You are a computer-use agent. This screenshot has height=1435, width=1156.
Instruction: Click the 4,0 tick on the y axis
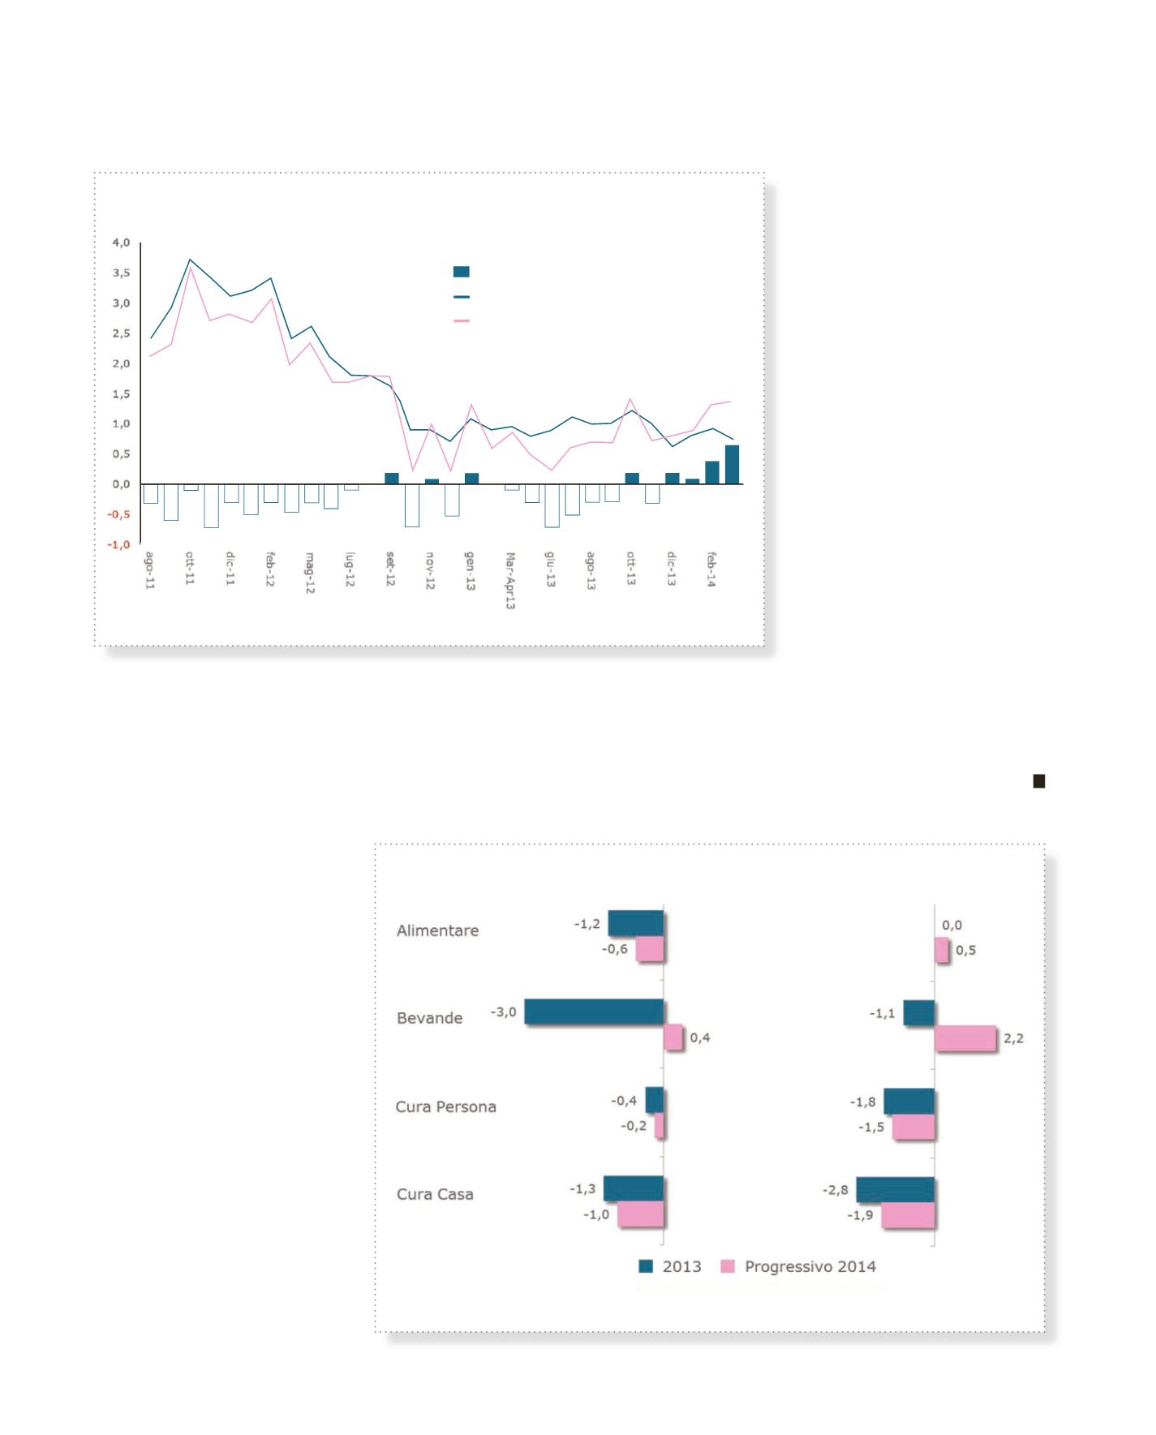pyautogui.click(x=121, y=243)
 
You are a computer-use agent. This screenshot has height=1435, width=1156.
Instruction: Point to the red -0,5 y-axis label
pyautogui.click(x=118, y=514)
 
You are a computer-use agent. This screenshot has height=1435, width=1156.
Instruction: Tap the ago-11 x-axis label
pyautogui.click(x=150, y=570)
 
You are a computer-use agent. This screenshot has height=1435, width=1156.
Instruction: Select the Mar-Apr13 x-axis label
pyautogui.click(x=510, y=581)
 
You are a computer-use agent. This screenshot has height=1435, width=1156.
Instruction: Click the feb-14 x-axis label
pyautogui.click(x=711, y=569)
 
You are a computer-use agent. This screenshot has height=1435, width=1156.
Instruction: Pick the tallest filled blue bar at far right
pyautogui.click(x=732, y=465)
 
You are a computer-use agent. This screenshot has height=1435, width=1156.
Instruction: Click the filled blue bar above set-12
pyautogui.click(x=392, y=479)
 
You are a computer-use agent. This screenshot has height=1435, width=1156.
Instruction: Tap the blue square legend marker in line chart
pyautogui.click(x=461, y=272)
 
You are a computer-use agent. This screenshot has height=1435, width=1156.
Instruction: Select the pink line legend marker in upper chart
pyautogui.click(x=461, y=321)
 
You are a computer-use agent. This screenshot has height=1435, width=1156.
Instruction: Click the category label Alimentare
pyautogui.click(x=437, y=930)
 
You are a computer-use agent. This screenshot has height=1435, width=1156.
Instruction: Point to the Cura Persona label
pyautogui.click(x=445, y=1106)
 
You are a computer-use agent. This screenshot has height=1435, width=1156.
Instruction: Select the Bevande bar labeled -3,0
pyautogui.click(x=594, y=1012)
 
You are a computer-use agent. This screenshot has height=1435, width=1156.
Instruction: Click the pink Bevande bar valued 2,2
pyautogui.click(x=965, y=1038)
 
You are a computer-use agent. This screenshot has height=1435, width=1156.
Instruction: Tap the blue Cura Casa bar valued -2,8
pyautogui.click(x=896, y=1189)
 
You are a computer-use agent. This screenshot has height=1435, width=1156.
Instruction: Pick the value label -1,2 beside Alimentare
pyautogui.click(x=587, y=924)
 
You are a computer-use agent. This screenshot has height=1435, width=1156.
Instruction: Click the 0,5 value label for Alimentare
pyautogui.click(x=965, y=951)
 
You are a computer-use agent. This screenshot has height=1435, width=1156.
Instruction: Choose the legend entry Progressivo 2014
pyautogui.click(x=810, y=1266)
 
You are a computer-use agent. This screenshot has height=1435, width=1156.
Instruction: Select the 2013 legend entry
pyautogui.click(x=681, y=1266)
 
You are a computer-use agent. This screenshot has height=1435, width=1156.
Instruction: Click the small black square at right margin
pyautogui.click(x=1038, y=781)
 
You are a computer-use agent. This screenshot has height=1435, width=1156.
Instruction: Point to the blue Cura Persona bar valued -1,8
pyautogui.click(x=909, y=1101)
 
